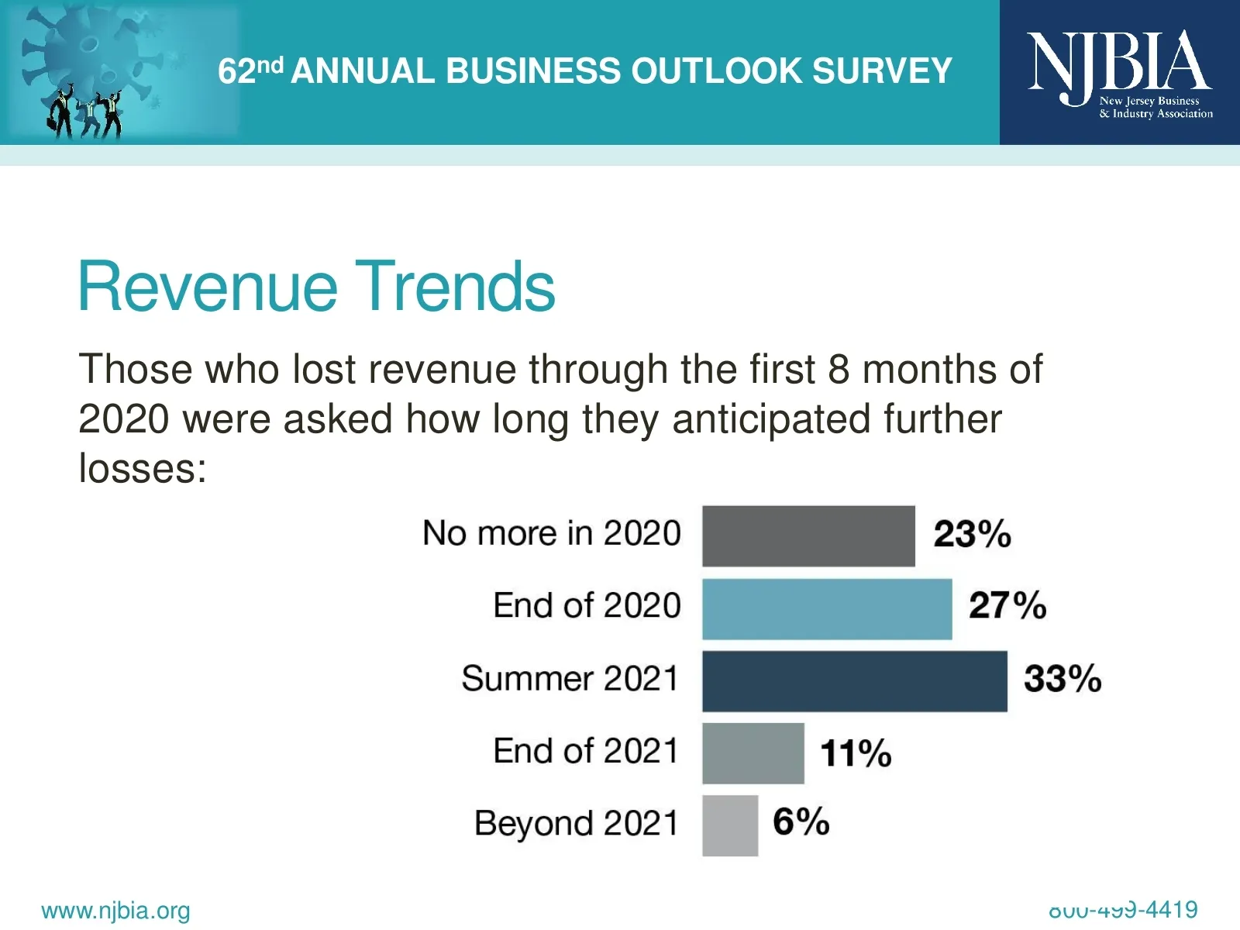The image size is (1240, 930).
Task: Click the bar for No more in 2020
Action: [x=808, y=536]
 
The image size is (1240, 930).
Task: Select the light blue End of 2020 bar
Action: [x=827, y=609]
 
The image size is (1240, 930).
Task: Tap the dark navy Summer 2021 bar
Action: [x=854, y=681]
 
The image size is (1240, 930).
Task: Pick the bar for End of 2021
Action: [x=753, y=753]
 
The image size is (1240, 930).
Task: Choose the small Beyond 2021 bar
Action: [x=730, y=825]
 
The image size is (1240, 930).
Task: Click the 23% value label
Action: [x=972, y=535]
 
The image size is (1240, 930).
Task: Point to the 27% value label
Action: [x=1007, y=606]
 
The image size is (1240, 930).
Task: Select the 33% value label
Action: [x=1062, y=679]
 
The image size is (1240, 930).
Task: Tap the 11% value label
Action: [x=856, y=753]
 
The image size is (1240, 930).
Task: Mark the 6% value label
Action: [x=801, y=821]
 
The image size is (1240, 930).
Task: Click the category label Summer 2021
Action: [x=570, y=679]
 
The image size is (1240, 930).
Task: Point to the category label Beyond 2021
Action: [x=576, y=824]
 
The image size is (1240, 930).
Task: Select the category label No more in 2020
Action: [x=551, y=534]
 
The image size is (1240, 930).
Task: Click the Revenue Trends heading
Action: [x=316, y=287]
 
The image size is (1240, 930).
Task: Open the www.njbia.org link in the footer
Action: [x=115, y=911]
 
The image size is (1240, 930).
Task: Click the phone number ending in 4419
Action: [x=1123, y=910]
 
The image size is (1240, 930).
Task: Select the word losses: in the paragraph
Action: [x=143, y=469]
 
